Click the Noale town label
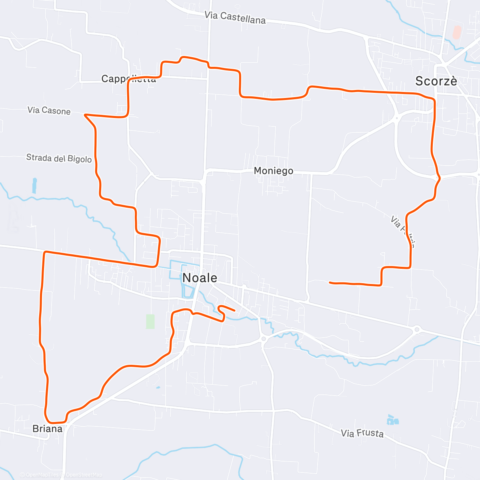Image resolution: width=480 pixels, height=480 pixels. pyautogui.click(x=200, y=278)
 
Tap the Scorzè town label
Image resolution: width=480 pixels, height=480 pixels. pyautogui.click(x=436, y=81)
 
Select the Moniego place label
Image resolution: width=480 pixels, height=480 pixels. pyautogui.click(x=274, y=171)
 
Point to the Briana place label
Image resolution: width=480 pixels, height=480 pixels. pyautogui.click(x=48, y=429)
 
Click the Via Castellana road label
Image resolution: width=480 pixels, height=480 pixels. pyautogui.click(x=235, y=18)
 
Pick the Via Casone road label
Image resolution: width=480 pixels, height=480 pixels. pyautogui.click(x=49, y=110)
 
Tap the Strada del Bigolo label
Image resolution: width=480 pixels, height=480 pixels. pyautogui.click(x=59, y=158)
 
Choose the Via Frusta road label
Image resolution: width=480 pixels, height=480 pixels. pyautogui.click(x=362, y=433)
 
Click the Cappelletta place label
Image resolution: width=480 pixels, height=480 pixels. pyautogui.click(x=128, y=79)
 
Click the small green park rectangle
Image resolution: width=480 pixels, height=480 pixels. pyautogui.click(x=150, y=321)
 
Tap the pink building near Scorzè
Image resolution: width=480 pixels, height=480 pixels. pyautogui.click(x=456, y=32)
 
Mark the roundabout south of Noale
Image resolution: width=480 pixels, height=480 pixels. pyautogui.click(x=263, y=339)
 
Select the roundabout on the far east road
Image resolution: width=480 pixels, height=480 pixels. pyautogui.click(x=417, y=330)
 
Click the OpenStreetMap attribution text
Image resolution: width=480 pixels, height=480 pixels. pyautogui.click(x=84, y=475)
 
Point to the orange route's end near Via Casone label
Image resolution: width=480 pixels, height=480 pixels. pyautogui.click(x=85, y=115)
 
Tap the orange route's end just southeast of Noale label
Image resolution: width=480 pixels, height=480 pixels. pyautogui.click(x=234, y=310)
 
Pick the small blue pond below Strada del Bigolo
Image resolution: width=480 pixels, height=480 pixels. pyautogui.click(x=34, y=186)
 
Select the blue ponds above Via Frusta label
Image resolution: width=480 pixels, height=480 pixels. pyautogui.click(x=392, y=420)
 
